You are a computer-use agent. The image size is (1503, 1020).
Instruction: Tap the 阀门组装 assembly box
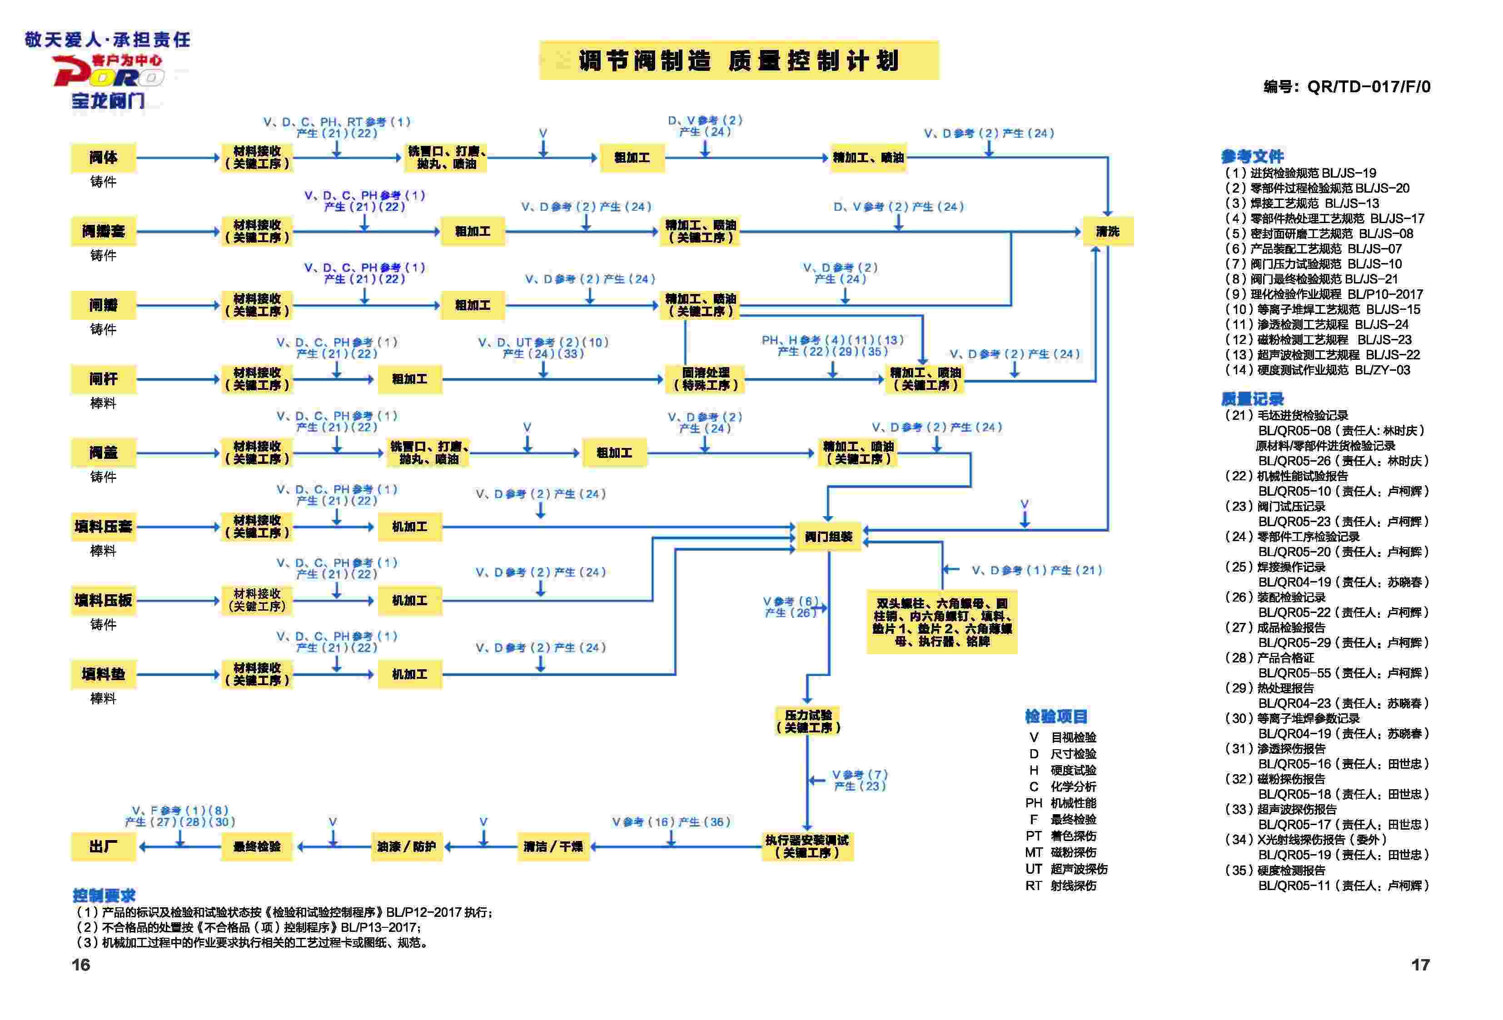(828, 536)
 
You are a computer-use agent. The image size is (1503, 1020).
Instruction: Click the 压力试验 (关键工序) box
(808, 721)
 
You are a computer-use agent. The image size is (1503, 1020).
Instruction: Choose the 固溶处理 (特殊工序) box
(706, 379)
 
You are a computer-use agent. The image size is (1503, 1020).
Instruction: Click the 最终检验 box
(257, 846)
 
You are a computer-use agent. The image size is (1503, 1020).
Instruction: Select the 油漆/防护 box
(406, 846)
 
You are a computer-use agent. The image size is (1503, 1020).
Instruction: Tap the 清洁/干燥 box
(553, 846)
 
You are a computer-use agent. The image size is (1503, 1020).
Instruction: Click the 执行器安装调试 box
(807, 846)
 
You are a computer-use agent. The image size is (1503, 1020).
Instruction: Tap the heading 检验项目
(1056, 716)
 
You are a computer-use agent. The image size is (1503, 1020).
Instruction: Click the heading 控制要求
(104, 895)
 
